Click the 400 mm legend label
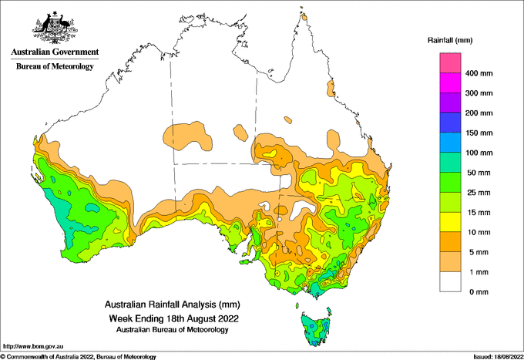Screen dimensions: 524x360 coord(479,73)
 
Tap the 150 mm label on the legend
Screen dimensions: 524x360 coord(479,133)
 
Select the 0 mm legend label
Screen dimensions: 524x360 coord(479,292)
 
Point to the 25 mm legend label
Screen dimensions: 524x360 coord(479,193)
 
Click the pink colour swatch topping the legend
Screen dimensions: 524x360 coord(450,63)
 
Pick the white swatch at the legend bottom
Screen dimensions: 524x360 coord(450,282)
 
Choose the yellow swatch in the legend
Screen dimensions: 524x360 coord(450,222)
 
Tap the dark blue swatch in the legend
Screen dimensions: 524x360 coord(450,123)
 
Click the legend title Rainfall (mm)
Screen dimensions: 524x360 coord(450,40)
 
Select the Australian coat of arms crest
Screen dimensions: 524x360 coord(55,28)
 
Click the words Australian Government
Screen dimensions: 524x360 coord(55,52)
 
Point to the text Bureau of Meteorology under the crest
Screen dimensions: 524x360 coord(55,66)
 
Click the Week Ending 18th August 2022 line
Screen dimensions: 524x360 coord(174,318)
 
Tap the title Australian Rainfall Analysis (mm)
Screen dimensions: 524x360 coord(173,304)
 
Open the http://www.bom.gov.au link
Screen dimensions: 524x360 coord(33,346)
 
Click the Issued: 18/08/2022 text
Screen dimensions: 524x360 coord(499,357)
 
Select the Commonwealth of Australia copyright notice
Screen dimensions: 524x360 coord(78,357)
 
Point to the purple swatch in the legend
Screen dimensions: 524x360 coord(450,103)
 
